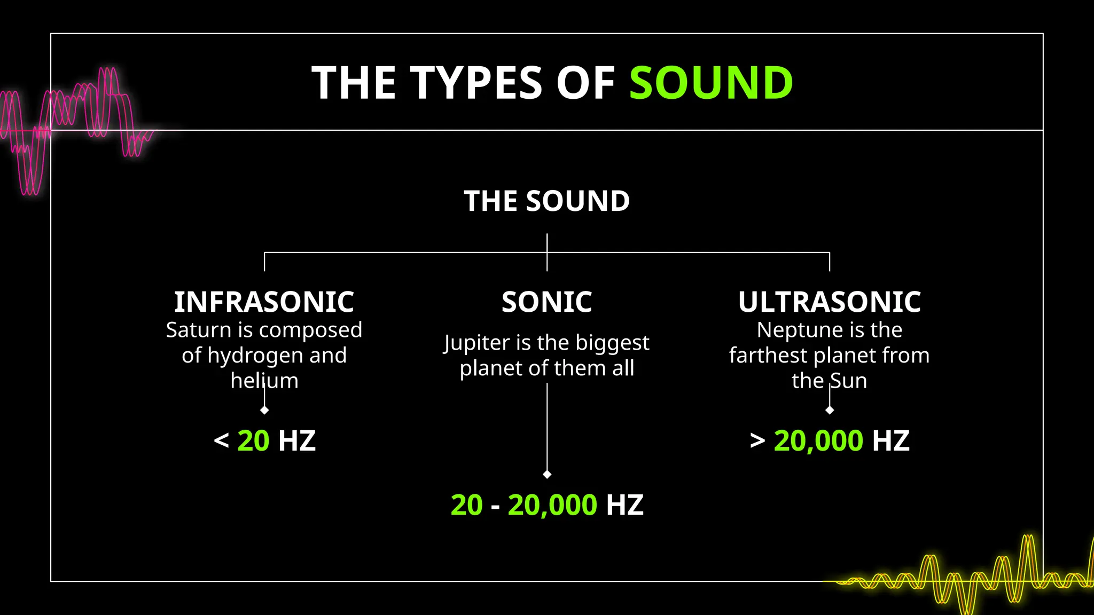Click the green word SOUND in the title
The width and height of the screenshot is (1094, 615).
[710, 83]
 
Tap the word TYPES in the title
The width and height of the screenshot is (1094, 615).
[476, 83]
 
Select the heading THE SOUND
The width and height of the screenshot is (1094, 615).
[546, 201]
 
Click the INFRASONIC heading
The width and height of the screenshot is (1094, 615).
[264, 302]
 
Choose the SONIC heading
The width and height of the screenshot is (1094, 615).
[546, 302]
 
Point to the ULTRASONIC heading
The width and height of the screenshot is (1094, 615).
[829, 302]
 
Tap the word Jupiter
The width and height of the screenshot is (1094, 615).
[477, 343]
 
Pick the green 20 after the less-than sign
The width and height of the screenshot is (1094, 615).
[253, 441]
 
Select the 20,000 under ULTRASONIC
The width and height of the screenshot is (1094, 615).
[818, 441]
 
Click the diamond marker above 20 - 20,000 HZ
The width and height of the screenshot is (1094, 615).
[547, 475]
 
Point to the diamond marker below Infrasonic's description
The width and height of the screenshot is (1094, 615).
[264, 410]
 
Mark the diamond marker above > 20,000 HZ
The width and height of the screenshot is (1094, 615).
[830, 410]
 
